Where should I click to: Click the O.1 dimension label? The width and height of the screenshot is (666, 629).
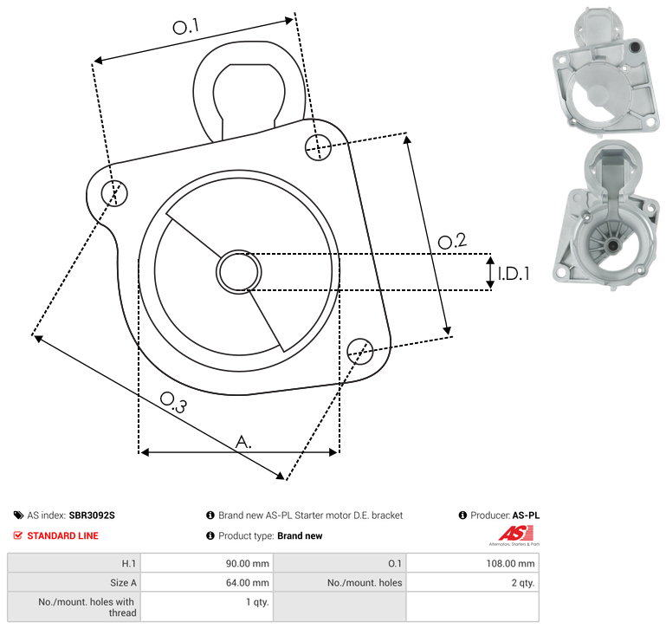coord(185,27)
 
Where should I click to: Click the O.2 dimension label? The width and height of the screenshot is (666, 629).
coord(452,241)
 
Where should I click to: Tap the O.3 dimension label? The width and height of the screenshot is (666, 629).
coord(173,402)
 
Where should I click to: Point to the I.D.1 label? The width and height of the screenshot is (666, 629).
coord(514,274)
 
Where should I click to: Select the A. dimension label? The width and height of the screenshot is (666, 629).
coord(243,442)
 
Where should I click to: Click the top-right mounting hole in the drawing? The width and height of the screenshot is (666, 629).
coord(318,147)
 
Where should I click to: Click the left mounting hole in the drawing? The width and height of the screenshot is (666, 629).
coord(114,193)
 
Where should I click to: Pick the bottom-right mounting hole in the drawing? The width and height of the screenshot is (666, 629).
coord(360,352)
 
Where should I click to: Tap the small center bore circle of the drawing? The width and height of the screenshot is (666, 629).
coord(239,272)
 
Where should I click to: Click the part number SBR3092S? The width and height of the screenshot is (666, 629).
coord(92,516)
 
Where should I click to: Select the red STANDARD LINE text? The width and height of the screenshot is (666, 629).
coord(63,535)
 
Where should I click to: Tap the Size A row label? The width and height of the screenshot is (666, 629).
coord(123,583)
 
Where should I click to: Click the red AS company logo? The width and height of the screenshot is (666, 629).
coord(515,534)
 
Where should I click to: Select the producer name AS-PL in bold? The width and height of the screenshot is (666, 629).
coord(526,516)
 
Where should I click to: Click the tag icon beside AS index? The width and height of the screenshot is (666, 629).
coord(18,516)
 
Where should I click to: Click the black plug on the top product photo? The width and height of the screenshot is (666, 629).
coord(635,47)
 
